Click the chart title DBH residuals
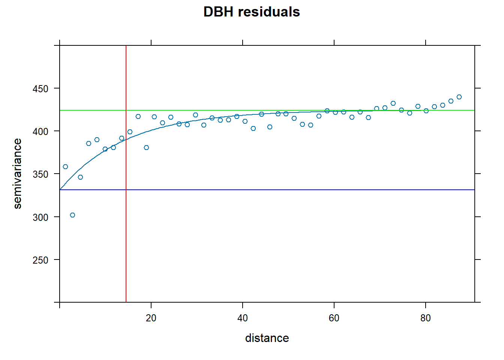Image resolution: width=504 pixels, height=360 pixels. (x=252, y=12)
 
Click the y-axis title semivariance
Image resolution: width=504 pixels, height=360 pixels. (x=17, y=174)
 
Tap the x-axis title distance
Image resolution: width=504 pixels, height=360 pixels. (x=267, y=338)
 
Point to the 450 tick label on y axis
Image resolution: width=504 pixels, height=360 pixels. (x=40, y=89)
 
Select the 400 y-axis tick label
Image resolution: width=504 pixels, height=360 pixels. (x=40, y=132)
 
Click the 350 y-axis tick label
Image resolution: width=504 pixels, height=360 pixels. (x=40, y=174)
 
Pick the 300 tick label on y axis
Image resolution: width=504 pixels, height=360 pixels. (x=40, y=217)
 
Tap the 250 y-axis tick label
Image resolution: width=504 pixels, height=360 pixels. (x=40, y=260)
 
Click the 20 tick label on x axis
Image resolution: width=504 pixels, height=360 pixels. (x=151, y=318)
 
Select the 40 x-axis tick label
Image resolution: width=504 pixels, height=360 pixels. (x=243, y=318)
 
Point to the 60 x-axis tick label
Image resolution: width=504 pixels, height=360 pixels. (x=334, y=318)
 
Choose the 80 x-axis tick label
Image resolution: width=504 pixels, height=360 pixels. (x=426, y=318)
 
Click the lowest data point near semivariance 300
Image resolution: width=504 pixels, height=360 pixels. (x=72, y=215)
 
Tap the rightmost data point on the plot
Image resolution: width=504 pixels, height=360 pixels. (x=459, y=97)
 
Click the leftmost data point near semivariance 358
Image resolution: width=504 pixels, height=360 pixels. (x=65, y=166)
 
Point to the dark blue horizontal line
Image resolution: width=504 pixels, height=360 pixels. (x=300, y=190)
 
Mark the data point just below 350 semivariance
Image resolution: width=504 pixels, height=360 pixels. (x=80, y=177)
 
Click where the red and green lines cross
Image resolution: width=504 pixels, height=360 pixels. (x=126, y=110)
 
